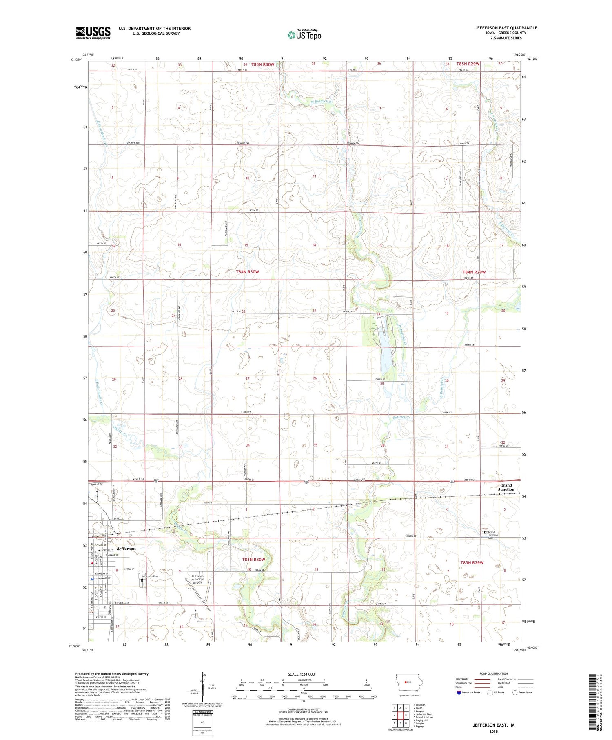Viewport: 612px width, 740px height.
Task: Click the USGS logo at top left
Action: click(93, 33)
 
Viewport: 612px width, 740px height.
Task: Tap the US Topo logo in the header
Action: click(304, 35)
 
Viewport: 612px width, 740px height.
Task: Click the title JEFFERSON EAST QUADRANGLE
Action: click(500, 28)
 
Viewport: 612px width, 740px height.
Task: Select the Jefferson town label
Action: click(126, 549)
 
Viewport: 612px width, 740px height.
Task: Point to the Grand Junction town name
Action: click(506, 487)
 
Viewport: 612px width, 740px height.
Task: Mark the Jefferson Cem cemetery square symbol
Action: click(142, 580)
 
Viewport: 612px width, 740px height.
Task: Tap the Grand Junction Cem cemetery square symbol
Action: click(485, 532)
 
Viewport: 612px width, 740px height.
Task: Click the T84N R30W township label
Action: click(247, 272)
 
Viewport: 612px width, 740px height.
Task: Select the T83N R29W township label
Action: click(472, 563)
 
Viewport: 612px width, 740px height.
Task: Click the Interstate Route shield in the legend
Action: click(459, 693)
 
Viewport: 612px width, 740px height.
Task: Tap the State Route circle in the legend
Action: click(515, 693)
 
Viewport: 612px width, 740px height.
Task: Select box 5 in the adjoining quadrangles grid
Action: click(406, 715)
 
